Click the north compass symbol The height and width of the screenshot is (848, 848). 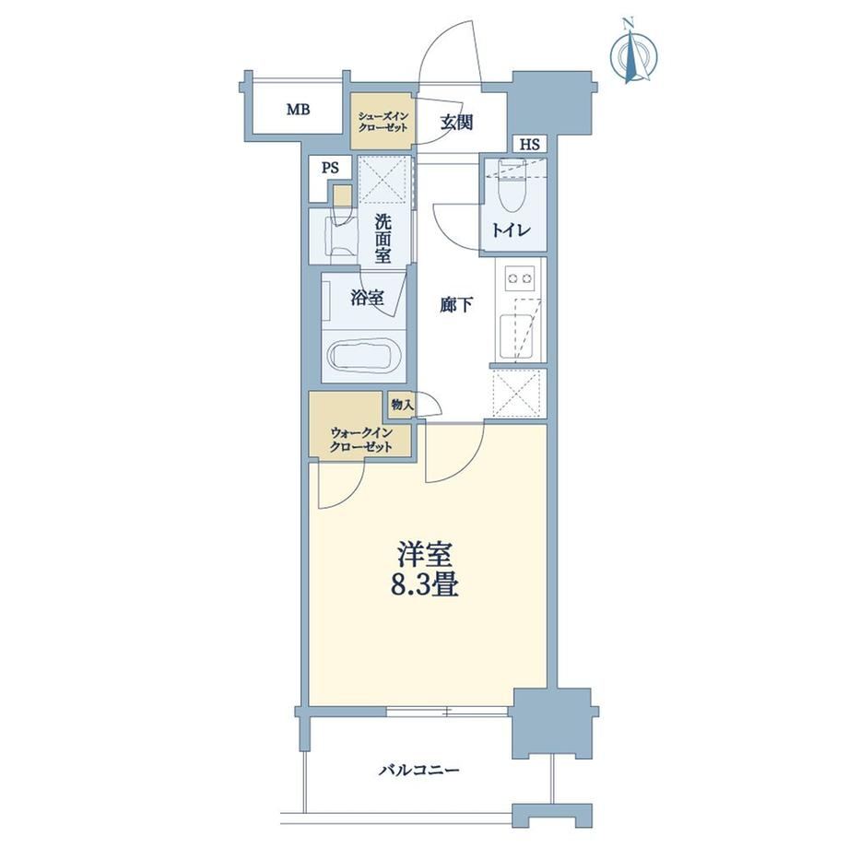pyautogui.click(x=632, y=53)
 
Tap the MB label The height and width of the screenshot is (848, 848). pyautogui.click(x=298, y=111)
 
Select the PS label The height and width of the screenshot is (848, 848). pyautogui.click(x=330, y=168)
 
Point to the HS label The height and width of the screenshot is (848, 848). pyautogui.click(x=529, y=145)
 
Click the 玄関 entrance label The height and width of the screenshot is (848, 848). pyautogui.click(x=456, y=123)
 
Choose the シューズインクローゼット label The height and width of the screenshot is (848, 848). pyautogui.click(x=383, y=123)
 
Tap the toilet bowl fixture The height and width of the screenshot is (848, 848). pyautogui.click(x=512, y=186)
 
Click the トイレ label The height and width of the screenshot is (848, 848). pyautogui.click(x=511, y=230)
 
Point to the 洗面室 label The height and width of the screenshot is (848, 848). pyautogui.click(x=383, y=239)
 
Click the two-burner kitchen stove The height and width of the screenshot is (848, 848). pyautogui.click(x=519, y=279)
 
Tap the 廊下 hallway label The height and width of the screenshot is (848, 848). pyautogui.click(x=456, y=306)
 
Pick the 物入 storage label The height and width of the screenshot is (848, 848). pyautogui.click(x=402, y=404)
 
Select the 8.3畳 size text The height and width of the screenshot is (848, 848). pyautogui.click(x=425, y=585)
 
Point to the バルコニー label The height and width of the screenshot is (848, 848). pyautogui.click(x=419, y=770)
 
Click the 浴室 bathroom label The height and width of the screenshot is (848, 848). pyautogui.click(x=367, y=298)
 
